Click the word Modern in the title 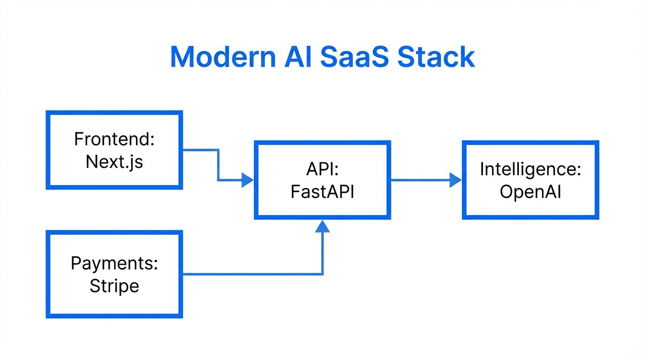(223, 57)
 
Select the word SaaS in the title (354, 57)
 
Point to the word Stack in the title (436, 57)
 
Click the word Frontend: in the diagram (114, 139)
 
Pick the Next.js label (114, 162)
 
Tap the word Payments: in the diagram (114, 263)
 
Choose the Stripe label (114, 286)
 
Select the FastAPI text (322, 192)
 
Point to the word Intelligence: (530, 170)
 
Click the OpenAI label (530, 192)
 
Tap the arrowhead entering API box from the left (247, 180)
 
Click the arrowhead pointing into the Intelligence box (455, 180)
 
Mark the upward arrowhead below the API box (322, 226)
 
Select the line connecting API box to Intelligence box (420, 180)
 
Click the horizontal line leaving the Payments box (248, 274)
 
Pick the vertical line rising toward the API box (322, 253)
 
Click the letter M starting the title (182, 57)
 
